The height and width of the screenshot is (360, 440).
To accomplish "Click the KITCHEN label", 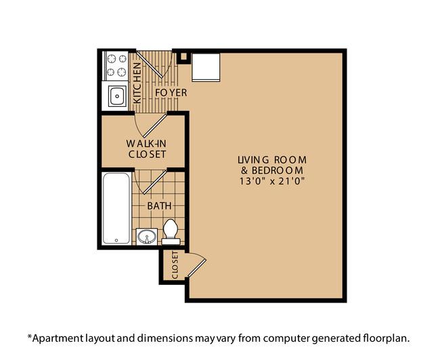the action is (x=137, y=83).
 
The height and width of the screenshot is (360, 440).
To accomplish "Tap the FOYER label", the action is (x=171, y=93).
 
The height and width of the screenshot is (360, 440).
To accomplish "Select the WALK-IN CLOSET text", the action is (x=146, y=149).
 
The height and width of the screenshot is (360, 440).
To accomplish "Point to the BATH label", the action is (x=159, y=206).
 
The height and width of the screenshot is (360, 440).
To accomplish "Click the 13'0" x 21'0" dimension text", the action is (x=272, y=181).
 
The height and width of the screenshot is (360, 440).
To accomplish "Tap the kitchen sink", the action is (x=117, y=96).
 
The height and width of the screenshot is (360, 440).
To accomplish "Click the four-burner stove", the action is (x=116, y=66).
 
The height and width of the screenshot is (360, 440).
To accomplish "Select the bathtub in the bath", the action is (x=116, y=208).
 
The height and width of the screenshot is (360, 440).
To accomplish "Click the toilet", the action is (x=171, y=232).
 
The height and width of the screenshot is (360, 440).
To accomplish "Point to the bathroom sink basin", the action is (x=146, y=237).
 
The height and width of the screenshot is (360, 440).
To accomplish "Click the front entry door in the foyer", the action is (x=150, y=65).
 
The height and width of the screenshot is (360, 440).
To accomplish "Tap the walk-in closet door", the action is (x=155, y=125).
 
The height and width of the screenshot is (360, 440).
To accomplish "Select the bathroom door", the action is (x=155, y=182).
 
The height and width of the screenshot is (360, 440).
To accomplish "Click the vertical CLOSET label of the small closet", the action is (x=175, y=265).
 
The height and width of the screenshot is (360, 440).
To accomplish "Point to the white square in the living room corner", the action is (x=206, y=68).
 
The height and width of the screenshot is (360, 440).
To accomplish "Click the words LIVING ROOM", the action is (x=272, y=160).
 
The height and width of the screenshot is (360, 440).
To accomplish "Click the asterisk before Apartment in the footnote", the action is (x=30, y=336).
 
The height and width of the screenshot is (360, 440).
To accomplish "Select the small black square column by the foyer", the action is (x=184, y=57).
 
